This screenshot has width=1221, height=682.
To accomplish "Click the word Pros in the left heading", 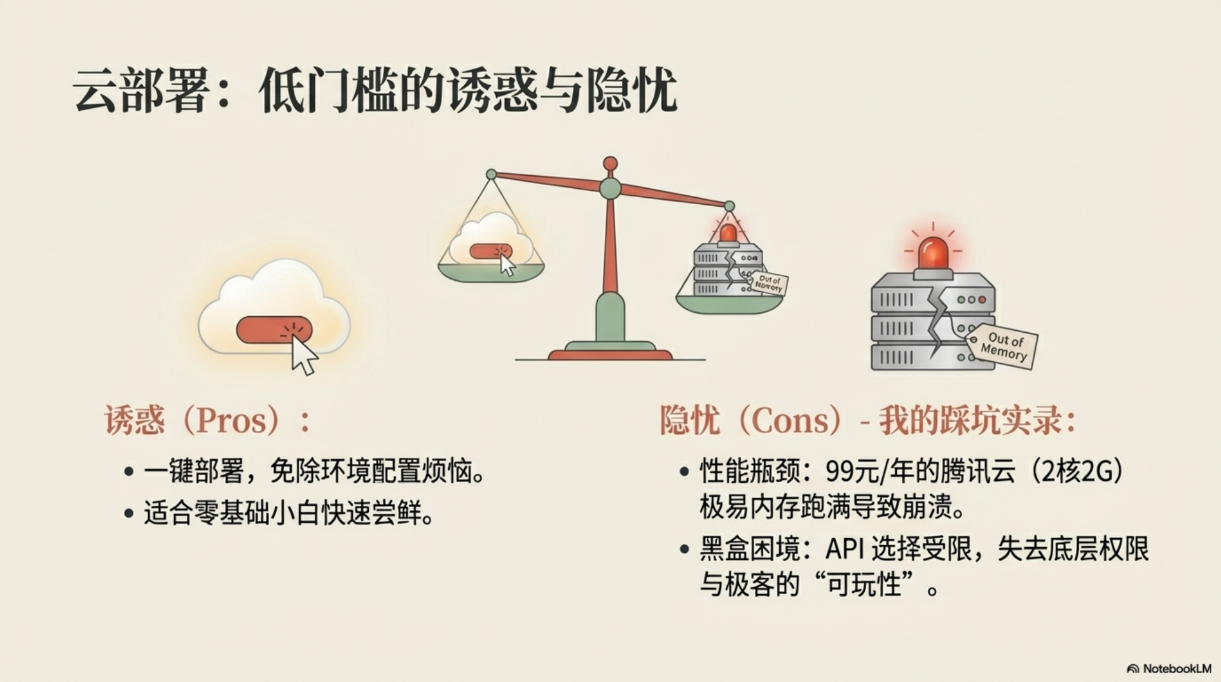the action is pos(230,421).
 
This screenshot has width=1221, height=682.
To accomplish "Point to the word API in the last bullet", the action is pos(844,548).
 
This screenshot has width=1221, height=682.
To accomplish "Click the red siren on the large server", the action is pos(933,253).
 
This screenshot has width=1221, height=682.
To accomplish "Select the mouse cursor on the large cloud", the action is pos(304,356).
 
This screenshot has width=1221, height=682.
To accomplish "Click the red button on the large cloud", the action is pos(274,330).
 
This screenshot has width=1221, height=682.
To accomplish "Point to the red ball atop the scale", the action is pos(610,164).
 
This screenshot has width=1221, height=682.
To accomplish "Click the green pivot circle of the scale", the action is pos(610,188).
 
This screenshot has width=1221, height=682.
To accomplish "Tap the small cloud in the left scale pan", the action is pos(491,239).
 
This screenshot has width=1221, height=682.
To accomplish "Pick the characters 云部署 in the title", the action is pos(141,90).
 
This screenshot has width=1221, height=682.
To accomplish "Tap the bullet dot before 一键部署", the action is pos(129,472).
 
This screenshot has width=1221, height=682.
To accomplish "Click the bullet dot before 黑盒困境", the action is pos(684,549).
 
